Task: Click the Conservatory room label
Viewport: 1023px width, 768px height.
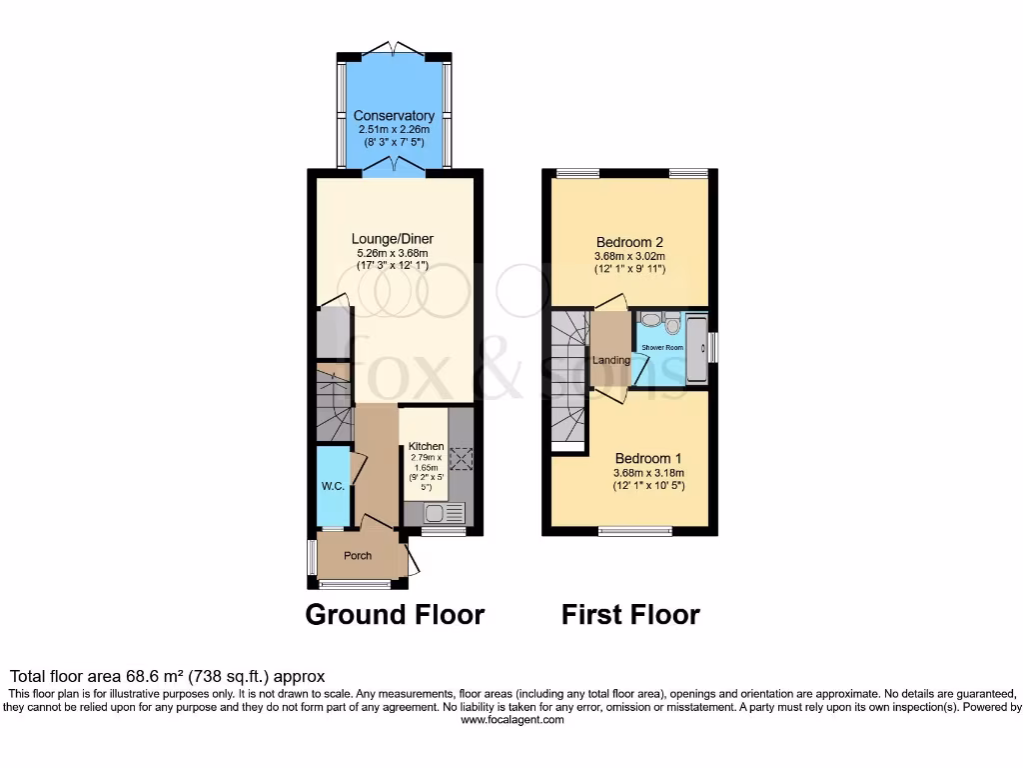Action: [x=394, y=116]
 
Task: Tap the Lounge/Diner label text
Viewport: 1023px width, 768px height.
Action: [x=392, y=239]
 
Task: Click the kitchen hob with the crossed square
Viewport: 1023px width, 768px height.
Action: [x=461, y=459]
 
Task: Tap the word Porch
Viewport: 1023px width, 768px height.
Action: [x=358, y=556]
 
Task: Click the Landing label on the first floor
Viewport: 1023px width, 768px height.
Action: [x=611, y=360]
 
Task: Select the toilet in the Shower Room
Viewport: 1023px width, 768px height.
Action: [x=672, y=323]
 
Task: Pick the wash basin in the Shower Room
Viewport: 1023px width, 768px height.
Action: [x=649, y=321]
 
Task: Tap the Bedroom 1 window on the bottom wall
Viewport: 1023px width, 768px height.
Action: [x=635, y=531]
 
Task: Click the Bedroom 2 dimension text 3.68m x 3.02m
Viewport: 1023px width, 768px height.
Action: [x=629, y=256]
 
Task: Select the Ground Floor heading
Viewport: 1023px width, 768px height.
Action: [x=395, y=614]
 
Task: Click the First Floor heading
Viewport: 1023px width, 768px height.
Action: [x=630, y=614]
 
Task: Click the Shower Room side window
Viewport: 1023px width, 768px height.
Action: [x=713, y=347]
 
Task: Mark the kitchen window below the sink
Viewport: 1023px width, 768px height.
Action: [x=444, y=532]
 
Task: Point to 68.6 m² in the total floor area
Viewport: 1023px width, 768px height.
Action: [x=144, y=677]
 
